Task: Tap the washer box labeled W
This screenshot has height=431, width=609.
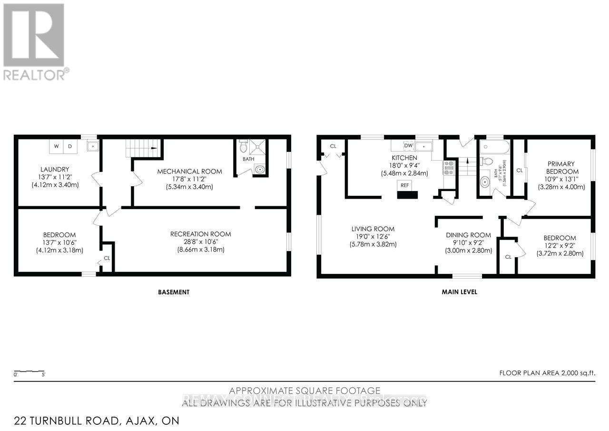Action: tap(56, 146)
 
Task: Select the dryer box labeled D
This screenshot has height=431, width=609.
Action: tap(69, 146)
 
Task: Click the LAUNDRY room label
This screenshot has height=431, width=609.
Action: tap(54, 169)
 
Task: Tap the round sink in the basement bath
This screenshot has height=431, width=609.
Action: tap(260, 169)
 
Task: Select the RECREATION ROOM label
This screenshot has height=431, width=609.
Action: tap(200, 234)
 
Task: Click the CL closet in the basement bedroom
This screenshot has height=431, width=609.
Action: tap(107, 259)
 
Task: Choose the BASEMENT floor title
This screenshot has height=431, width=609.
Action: tap(173, 292)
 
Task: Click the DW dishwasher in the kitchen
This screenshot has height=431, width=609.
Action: tap(408, 145)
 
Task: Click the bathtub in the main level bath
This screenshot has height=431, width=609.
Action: tap(495, 145)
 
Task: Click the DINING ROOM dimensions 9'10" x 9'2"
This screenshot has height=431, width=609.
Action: tap(468, 242)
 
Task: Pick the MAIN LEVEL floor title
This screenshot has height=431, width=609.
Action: tap(459, 292)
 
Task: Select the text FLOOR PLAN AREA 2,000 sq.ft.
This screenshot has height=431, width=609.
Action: tap(547, 373)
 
